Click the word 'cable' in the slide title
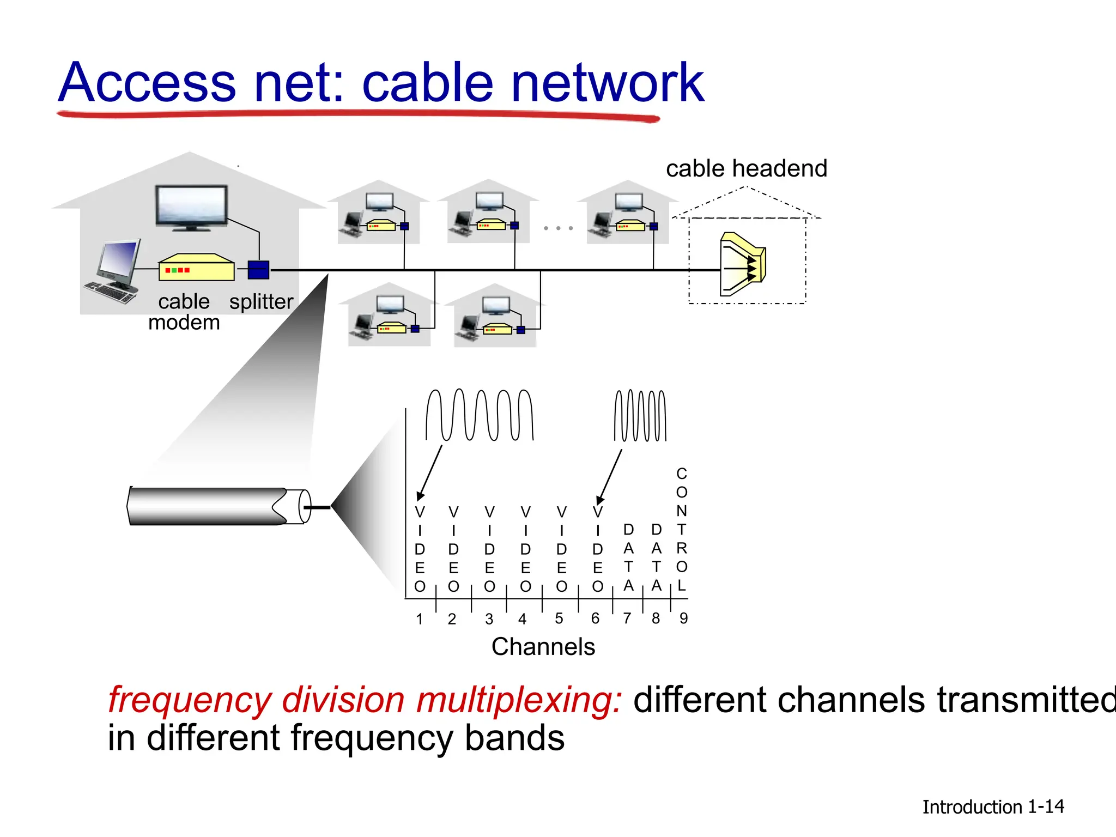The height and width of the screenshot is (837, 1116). pos(427,83)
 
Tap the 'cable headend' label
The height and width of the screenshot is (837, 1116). pos(746,168)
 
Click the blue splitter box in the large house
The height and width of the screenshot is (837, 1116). pos(258,270)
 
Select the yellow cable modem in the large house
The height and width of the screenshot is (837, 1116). pos(196,268)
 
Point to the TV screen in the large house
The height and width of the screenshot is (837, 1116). pos(191,205)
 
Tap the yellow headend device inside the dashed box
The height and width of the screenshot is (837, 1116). pos(742,264)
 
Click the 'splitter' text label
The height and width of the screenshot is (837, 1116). pos(261,301)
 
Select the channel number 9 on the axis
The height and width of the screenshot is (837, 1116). pos(683,618)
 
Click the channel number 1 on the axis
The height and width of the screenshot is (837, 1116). pos(419,619)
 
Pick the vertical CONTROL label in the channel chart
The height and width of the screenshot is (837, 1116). pos(681,529)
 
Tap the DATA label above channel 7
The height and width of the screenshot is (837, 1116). pos(628,557)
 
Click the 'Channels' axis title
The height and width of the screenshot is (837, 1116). pos(543,647)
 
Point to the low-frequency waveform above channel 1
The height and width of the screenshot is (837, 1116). pos(479,415)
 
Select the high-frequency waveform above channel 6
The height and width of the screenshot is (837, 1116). pos(640,415)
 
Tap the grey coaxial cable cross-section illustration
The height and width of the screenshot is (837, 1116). pos(218,506)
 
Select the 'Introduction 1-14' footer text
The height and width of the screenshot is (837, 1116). pos(992,806)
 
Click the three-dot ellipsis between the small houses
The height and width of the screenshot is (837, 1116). pos(558,228)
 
